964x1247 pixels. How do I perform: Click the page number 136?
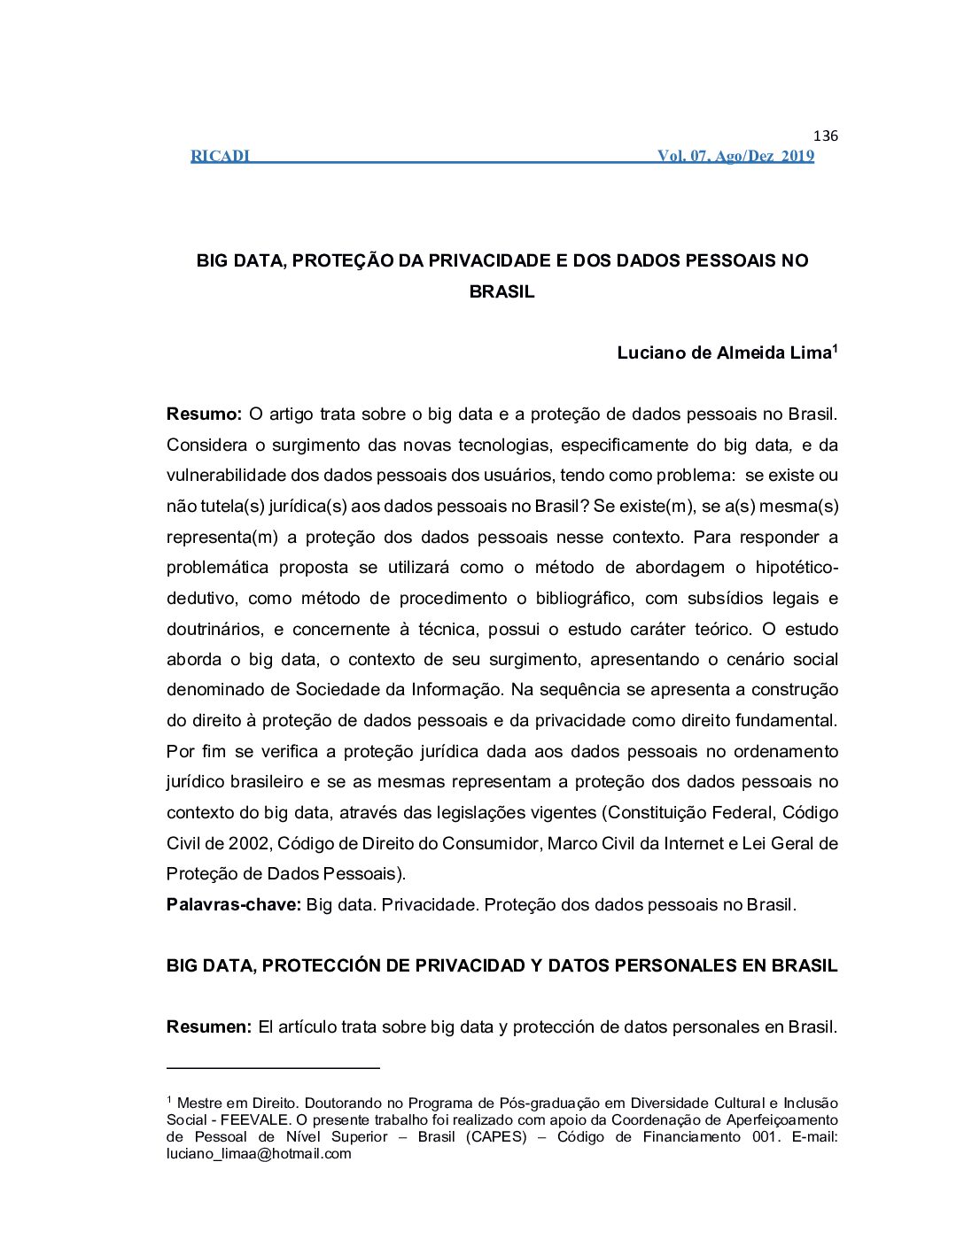[825, 136]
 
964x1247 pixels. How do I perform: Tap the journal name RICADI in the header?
[220, 157]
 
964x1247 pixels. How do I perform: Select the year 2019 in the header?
[797, 157]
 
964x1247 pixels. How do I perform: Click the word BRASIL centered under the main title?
[501, 292]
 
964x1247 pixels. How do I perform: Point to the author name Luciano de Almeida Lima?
[723, 353]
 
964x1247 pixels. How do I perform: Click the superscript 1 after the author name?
[836, 347]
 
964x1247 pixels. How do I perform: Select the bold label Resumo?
[204, 414]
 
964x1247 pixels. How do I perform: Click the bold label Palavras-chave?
[234, 905]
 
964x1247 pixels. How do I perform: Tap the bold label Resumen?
[209, 1027]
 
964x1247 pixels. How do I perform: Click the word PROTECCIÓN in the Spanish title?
[322, 966]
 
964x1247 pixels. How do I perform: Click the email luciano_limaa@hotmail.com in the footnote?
[259, 1154]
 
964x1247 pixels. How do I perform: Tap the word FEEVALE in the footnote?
[252, 1120]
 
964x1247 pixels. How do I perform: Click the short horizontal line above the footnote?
[273, 1068]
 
